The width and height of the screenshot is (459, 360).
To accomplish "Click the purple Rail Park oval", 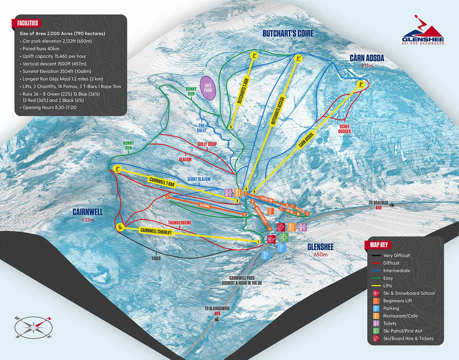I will click(x=208, y=88).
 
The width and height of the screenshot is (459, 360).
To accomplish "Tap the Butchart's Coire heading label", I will click(x=288, y=33).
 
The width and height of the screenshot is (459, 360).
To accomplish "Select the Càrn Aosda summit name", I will click(x=367, y=58).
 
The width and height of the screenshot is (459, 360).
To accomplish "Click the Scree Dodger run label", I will click(x=344, y=129).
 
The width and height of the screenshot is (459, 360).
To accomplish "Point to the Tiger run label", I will click(x=156, y=258).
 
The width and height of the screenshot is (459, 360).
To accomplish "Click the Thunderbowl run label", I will click(x=180, y=223).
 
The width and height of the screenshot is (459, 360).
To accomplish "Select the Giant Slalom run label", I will click(x=199, y=179).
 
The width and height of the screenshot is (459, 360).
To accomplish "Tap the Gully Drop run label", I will click(x=207, y=144).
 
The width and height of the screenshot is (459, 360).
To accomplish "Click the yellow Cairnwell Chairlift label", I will click(x=156, y=231).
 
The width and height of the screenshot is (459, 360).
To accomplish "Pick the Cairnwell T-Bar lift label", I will click(x=162, y=182).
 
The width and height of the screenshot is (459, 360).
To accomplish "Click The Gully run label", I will click(x=201, y=128).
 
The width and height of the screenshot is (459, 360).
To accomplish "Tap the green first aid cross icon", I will click(x=285, y=237).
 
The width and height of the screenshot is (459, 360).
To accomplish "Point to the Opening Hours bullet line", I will click(x=49, y=108).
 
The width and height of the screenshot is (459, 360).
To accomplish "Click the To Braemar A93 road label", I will click(x=378, y=205).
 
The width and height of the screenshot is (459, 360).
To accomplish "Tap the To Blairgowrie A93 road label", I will click(x=217, y=311).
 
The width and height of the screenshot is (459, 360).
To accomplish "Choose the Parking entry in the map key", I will click(x=391, y=308).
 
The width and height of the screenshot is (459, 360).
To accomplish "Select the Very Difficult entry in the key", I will click(x=396, y=255).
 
